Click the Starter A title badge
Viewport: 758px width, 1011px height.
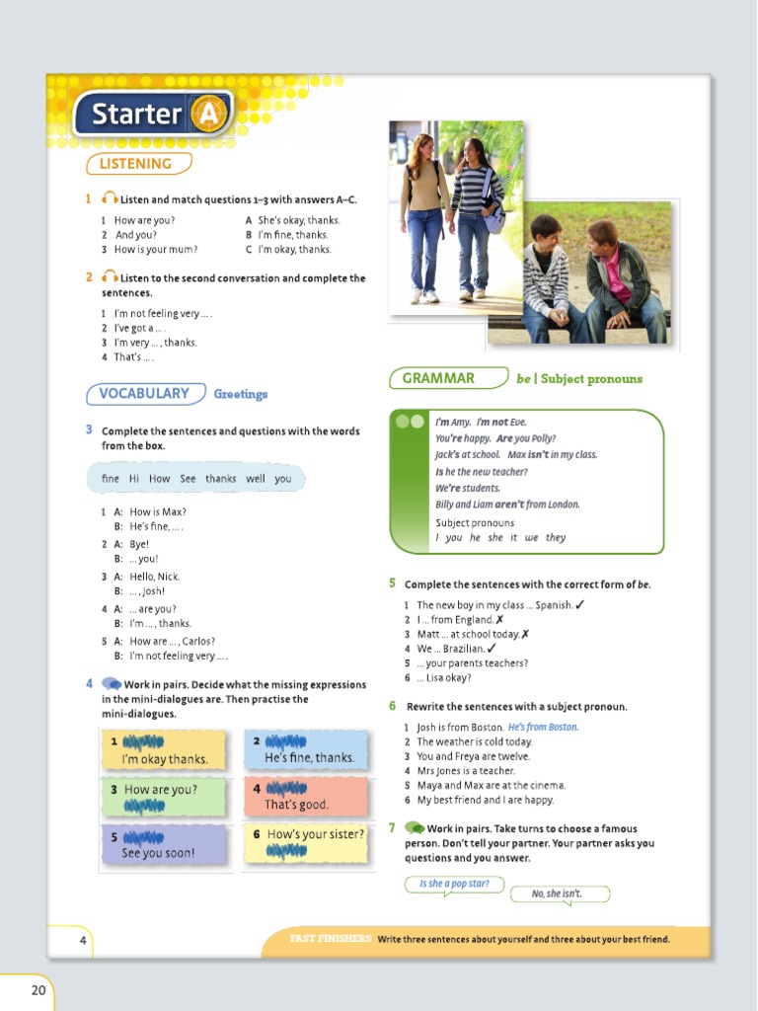coord(152,115)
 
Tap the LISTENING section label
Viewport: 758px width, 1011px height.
coord(136,164)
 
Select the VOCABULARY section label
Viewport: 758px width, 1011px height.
coord(144,394)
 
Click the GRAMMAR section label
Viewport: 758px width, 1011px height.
coord(438,378)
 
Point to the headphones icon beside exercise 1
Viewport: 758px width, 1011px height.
coord(110,199)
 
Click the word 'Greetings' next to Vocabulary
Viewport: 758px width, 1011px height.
coord(241,395)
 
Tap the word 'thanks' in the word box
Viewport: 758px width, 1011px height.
coord(221,479)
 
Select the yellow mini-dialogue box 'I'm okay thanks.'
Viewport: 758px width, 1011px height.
coord(163,750)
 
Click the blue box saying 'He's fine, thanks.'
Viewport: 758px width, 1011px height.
coord(306,750)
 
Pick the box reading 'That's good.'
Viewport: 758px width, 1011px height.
coord(306,797)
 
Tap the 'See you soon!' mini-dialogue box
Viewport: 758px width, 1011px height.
coord(163,845)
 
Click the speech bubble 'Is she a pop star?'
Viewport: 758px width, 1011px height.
coord(454,884)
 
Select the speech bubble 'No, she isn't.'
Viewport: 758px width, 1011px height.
coord(559,894)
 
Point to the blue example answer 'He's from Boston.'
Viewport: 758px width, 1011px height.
coord(544,728)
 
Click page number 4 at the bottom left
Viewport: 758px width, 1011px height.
coord(83,940)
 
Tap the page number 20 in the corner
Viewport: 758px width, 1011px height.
coord(38,990)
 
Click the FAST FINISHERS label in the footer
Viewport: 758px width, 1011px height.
coord(331,939)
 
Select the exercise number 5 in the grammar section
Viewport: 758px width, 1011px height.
coord(393,583)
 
